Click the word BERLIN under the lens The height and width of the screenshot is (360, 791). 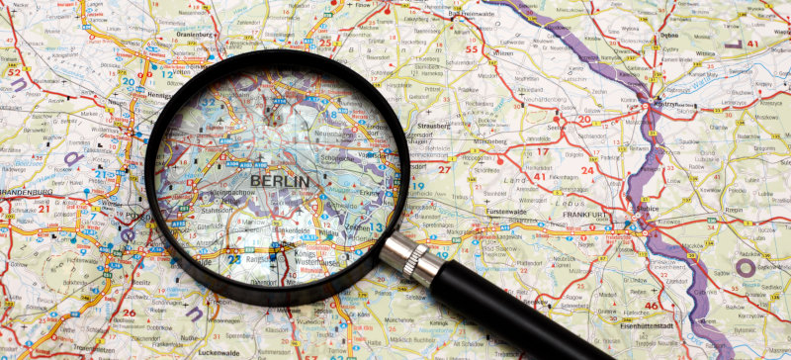(279, 181)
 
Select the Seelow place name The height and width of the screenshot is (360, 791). (556, 125)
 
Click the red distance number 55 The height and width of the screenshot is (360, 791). (471, 48)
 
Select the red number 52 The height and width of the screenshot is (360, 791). (13, 71)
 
